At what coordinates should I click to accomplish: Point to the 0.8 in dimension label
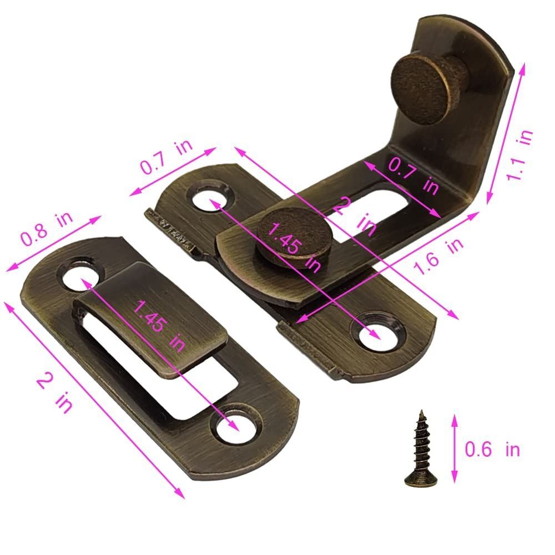coord(47,228)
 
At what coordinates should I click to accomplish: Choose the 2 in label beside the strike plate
coord(55,393)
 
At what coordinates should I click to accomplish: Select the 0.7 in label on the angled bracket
coord(413,176)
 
